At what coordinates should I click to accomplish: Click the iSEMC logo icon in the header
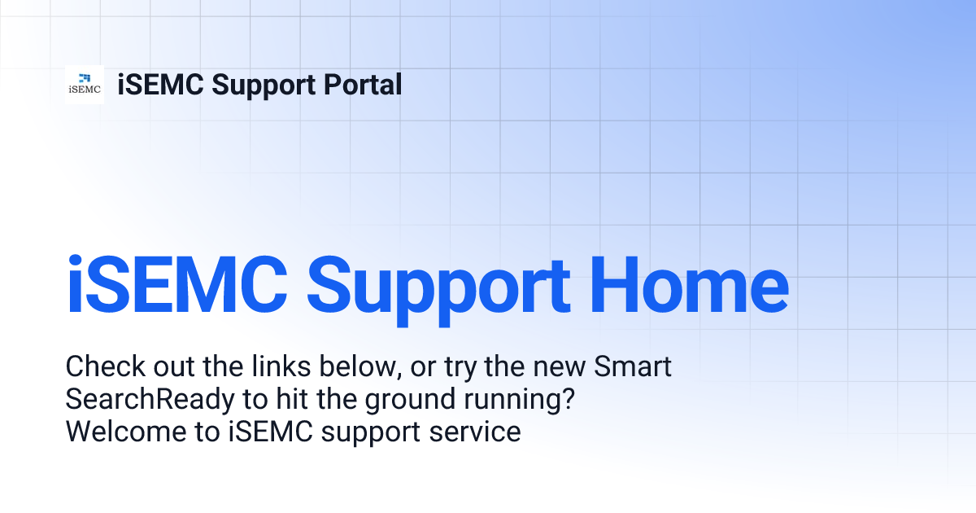coord(85,85)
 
